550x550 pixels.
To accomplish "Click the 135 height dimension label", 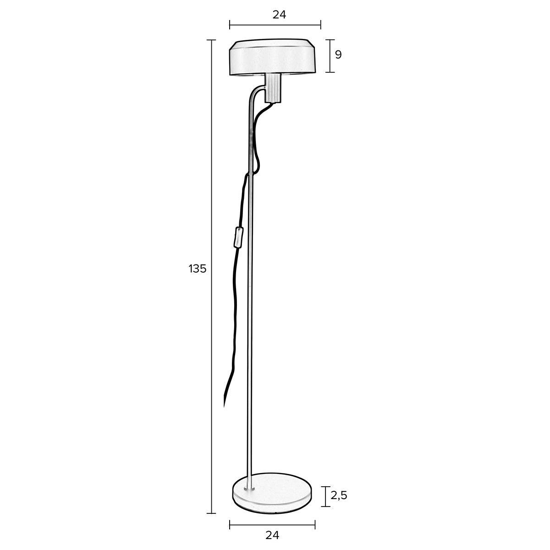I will [198, 269].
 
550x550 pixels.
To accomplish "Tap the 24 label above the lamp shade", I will [279, 14].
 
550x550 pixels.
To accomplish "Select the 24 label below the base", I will [272, 534].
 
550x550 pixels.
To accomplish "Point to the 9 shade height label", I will [338, 55].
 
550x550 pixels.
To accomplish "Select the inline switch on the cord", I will [237, 237].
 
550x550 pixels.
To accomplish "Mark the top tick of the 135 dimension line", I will [211, 40].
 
